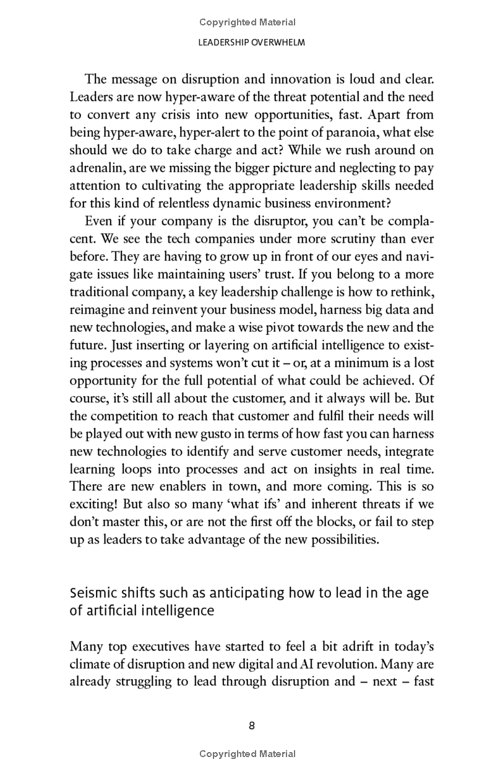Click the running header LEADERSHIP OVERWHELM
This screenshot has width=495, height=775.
click(x=247, y=43)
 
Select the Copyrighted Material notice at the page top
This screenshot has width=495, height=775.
click(x=247, y=22)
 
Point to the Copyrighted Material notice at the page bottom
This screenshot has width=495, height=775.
click(x=247, y=754)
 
